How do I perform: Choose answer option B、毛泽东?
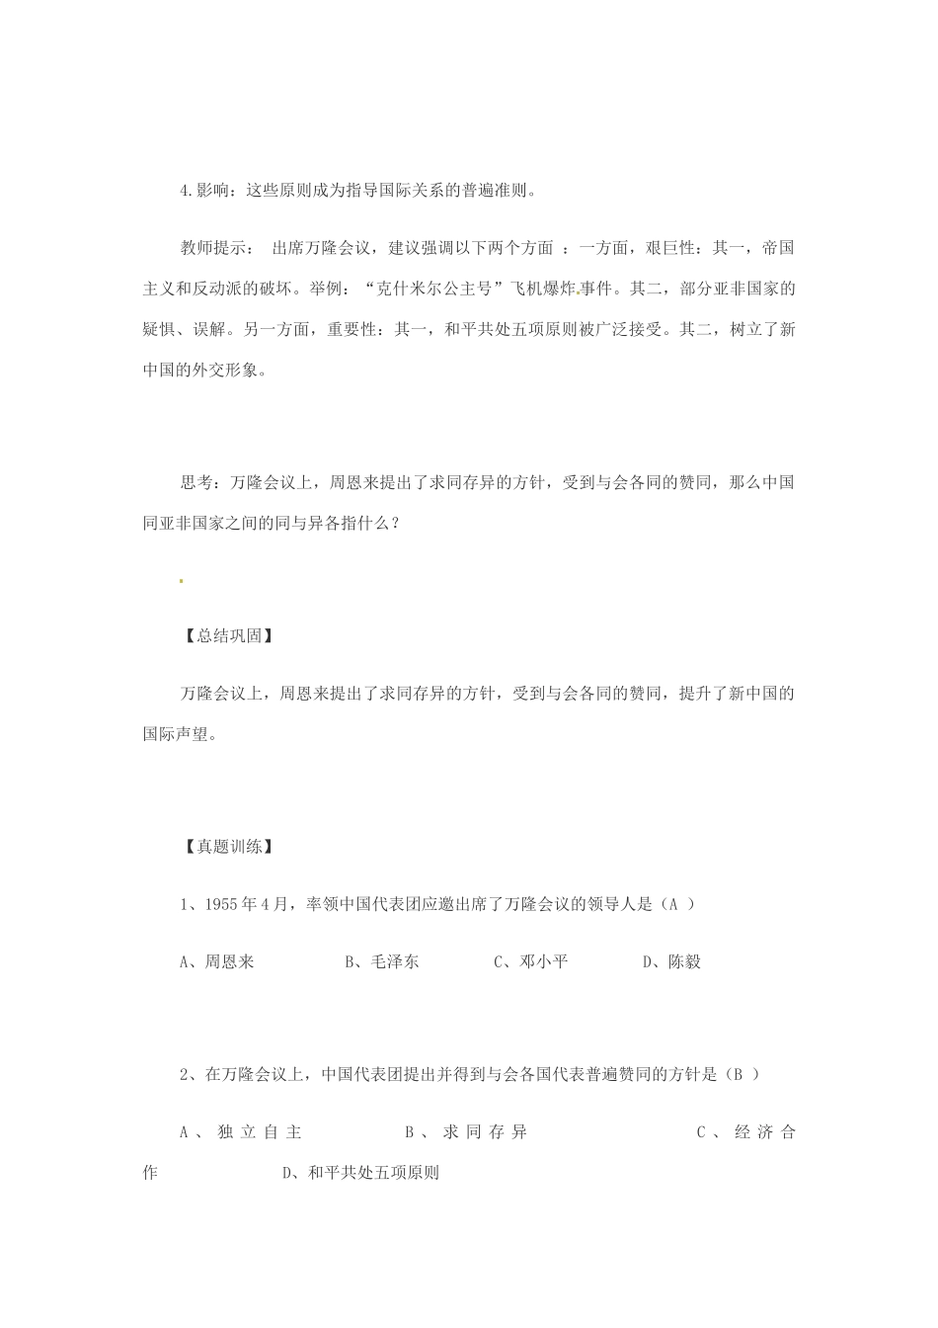pos(381,961)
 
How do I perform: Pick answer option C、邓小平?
pos(530,961)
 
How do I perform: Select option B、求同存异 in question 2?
pos(465,1132)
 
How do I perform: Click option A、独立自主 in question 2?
pos(240,1132)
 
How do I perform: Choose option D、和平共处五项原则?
pos(360,1174)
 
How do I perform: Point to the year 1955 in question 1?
pos(222,904)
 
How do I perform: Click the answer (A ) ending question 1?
pos(676,904)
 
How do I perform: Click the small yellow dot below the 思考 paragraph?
pos(181,581)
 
